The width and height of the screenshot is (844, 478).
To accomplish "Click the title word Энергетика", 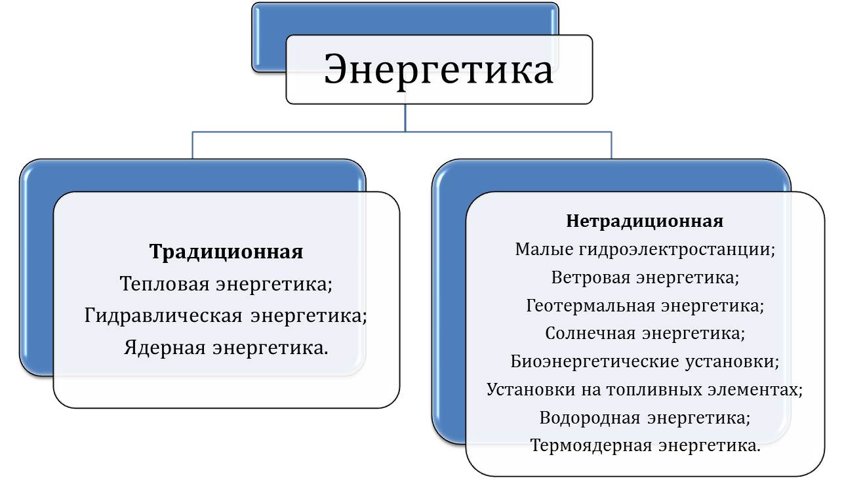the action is [439, 70].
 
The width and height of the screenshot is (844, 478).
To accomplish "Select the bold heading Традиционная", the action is [226, 252].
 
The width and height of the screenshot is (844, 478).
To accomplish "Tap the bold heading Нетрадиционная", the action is [645, 221].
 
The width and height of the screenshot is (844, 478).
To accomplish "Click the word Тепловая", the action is [165, 284].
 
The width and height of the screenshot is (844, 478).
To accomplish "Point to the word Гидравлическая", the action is [163, 315].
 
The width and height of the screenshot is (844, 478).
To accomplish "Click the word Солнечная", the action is [590, 333].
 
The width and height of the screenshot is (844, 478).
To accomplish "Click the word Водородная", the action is [590, 418].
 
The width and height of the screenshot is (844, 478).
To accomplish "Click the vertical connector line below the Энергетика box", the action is [405, 118].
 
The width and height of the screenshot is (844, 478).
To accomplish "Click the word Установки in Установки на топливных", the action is [531, 390].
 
